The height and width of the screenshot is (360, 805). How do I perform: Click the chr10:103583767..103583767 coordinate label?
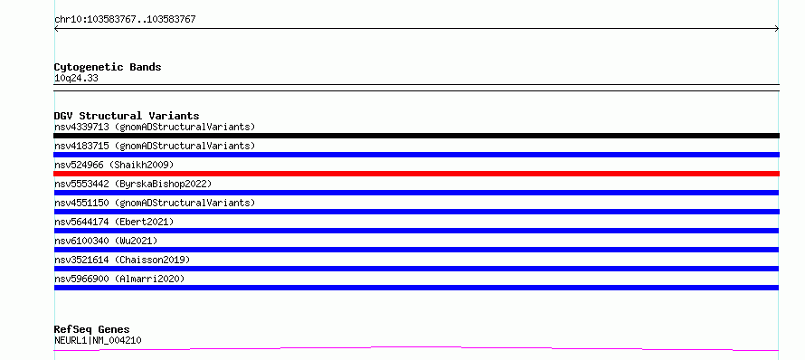(x=125, y=20)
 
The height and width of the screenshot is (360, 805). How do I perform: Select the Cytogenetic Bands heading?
(x=108, y=67)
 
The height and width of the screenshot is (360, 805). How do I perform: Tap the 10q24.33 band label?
(x=76, y=79)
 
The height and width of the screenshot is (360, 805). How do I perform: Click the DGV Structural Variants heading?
(x=127, y=116)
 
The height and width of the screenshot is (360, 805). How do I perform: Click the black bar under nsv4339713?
(x=416, y=136)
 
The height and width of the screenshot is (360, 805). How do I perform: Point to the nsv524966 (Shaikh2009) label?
(x=114, y=165)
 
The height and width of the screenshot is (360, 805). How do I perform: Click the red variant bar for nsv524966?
(x=416, y=174)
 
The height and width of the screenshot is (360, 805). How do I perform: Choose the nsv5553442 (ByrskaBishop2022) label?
(x=133, y=184)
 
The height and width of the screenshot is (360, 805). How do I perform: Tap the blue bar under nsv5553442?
(x=416, y=193)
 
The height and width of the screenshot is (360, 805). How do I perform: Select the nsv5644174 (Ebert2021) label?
(x=114, y=222)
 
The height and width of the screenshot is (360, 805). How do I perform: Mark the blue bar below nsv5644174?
(x=416, y=231)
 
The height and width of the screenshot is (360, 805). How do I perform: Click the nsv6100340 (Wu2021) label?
(x=106, y=241)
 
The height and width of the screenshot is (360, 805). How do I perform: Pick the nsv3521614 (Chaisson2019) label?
(x=122, y=260)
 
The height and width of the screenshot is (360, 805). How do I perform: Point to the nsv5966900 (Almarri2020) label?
(x=119, y=279)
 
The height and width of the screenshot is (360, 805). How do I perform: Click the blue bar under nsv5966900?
(x=416, y=288)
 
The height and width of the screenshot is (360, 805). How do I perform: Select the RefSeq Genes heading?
(x=92, y=329)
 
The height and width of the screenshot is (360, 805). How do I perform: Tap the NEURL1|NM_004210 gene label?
(x=98, y=340)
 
